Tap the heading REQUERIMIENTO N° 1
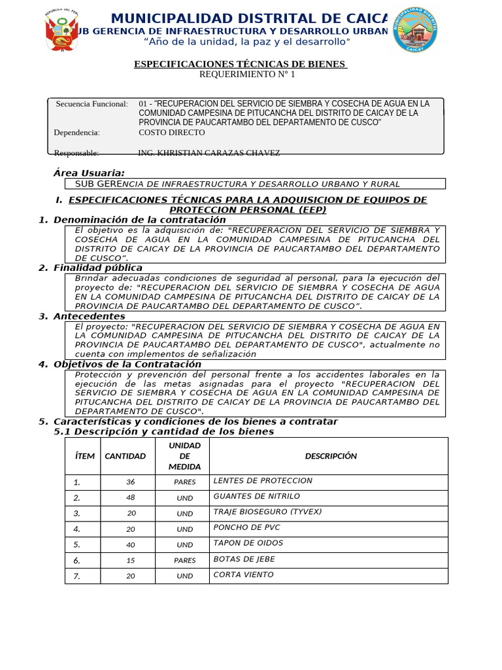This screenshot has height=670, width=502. tap(247, 75)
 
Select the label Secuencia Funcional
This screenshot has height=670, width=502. tap(92, 104)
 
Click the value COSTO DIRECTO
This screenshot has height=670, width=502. tap(172, 132)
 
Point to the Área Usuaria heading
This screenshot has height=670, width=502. tap(89, 173)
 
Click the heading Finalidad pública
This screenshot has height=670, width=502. tap(97, 268)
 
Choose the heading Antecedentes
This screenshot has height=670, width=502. tap(89, 316)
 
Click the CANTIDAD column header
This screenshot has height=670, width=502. tap(125, 456)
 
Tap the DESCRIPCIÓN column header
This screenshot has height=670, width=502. tap(331, 456)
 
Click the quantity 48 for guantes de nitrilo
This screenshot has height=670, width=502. tap(131, 497)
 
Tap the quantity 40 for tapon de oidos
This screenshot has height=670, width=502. tap(131, 544)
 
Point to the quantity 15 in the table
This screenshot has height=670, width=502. tap(131, 560)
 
